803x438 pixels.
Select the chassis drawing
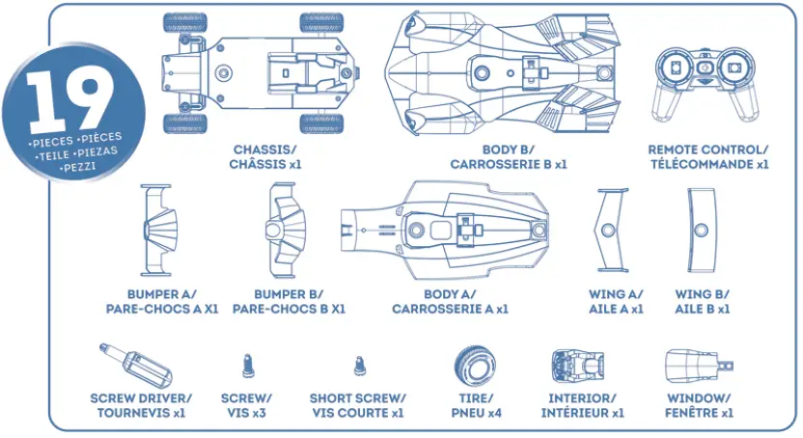pyautogui.click(x=260, y=72)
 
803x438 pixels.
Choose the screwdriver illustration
pyautogui.click(x=134, y=364)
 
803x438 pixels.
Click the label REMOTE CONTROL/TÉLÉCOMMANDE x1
pyautogui.click(x=708, y=156)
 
